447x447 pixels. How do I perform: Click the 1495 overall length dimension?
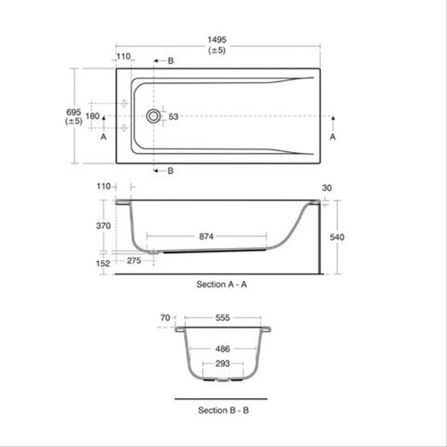coord(217,40)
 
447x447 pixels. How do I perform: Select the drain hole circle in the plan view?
coord(153,116)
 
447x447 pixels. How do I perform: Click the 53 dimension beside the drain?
coord(173,116)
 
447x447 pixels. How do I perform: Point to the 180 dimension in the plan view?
coord(93,116)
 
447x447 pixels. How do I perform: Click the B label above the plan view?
coord(170,61)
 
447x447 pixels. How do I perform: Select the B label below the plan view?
coord(170,170)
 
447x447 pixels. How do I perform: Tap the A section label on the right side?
coord(332,137)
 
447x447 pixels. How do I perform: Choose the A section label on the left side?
coord(103,137)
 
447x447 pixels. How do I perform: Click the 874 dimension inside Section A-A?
coord(206,236)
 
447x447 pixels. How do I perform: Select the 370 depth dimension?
coord(103,225)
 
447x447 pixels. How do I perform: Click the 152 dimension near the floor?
coord(103,262)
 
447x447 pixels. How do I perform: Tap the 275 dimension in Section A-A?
coord(133,261)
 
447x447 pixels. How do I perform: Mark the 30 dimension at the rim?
coord(328,188)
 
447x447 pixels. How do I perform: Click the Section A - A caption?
coord(222,285)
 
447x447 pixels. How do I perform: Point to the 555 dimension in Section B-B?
coord(222,317)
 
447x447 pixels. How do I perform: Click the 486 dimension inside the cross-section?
coord(222,349)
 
